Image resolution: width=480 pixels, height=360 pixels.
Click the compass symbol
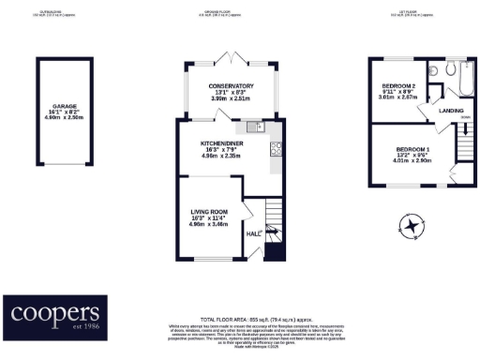(412, 224)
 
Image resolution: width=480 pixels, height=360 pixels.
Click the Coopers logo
(54, 313)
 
